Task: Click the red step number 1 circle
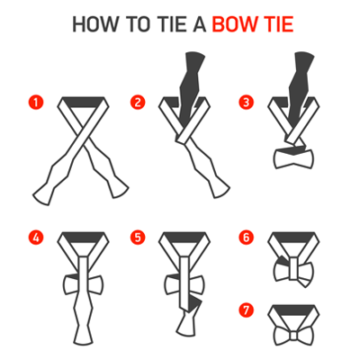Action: [36, 103]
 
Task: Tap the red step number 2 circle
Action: [138, 103]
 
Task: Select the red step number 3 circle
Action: [246, 103]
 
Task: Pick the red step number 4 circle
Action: [36, 238]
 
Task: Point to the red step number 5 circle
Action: [138, 238]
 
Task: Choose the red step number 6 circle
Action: [246, 238]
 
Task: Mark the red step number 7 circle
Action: [246, 310]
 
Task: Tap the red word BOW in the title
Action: [234, 24]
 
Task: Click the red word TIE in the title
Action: [278, 24]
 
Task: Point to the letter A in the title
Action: [199, 24]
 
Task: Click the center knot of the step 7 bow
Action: [293, 336]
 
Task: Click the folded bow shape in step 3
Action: [293, 159]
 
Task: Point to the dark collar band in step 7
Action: [293, 310]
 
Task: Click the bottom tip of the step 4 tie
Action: [83, 344]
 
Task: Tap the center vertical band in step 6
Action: [294, 268]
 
